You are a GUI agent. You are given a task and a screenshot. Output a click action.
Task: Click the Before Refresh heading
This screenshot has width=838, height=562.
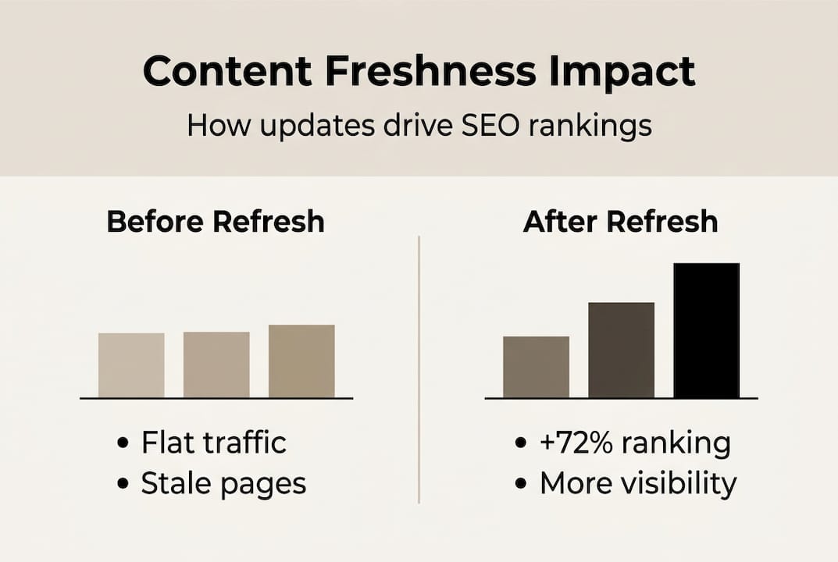[216, 222]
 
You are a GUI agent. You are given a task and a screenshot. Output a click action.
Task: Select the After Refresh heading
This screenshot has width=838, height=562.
[620, 222]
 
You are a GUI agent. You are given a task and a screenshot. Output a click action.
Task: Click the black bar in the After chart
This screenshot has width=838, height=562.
[706, 330]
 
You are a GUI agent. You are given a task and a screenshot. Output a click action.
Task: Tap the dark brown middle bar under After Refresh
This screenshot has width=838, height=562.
[621, 350]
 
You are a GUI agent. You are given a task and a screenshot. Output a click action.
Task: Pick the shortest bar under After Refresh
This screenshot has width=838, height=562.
[536, 367]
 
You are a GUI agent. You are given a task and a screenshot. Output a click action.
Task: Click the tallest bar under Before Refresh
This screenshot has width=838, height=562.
[301, 361]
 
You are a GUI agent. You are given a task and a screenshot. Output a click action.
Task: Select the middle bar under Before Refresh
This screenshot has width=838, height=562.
[216, 365]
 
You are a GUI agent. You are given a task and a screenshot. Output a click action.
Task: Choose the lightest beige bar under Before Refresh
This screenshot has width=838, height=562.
[131, 365]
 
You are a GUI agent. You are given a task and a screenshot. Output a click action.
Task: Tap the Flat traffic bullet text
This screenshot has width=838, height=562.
[213, 443]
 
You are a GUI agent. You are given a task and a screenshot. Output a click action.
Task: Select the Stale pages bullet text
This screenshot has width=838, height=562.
[223, 484]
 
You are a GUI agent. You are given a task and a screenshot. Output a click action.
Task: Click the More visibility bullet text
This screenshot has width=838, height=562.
[637, 484]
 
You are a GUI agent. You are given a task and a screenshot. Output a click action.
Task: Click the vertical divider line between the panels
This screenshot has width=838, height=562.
[419, 367]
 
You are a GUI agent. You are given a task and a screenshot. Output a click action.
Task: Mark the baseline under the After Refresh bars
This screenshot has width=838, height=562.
[621, 398]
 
